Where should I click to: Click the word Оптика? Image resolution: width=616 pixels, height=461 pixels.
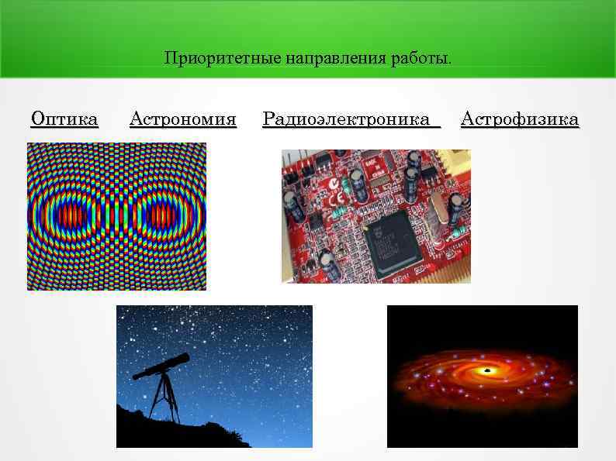(64, 119)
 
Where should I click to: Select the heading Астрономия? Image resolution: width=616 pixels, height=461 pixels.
(182, 119)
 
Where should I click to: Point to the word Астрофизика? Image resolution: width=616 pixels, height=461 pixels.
(519, 119)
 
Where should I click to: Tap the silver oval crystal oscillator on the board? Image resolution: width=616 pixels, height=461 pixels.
(438, 215)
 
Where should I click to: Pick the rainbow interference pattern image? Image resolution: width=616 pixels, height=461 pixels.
(116, 216)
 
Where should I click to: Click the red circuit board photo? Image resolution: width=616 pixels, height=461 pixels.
(375, 215)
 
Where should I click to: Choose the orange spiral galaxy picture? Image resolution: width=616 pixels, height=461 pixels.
(482, 376)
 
